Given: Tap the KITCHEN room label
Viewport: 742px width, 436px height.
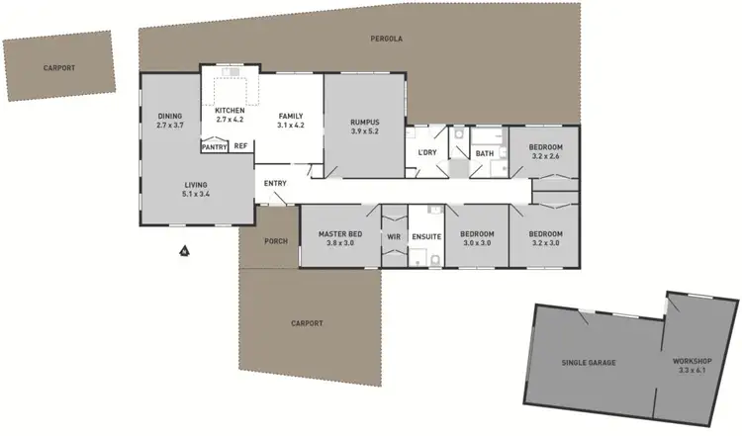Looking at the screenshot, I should [x=229, y=110].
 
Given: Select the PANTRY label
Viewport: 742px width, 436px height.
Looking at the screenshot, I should [x=214, y=147].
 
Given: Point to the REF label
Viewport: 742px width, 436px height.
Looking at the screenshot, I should [x=240, y=147].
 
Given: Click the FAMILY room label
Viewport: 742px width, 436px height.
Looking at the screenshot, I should [x=290, y=116].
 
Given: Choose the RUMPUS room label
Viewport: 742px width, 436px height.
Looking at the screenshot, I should [x=365, y=123].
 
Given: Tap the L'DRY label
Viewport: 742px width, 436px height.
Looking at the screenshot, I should [x=427, y=152].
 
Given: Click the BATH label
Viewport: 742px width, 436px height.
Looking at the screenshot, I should [x=484, y=153].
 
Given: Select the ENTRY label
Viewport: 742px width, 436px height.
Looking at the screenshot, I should [x=275, y=183].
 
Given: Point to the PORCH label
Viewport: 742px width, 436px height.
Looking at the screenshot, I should [x=275, y=241].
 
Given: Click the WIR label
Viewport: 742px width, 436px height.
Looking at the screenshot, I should [x=394, y=237].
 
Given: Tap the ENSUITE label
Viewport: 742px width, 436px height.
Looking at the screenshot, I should [x=426, y=237].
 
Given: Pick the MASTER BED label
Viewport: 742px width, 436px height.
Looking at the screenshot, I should [x=340, y=233].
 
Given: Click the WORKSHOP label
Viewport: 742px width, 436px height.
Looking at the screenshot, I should [x=693, y=362].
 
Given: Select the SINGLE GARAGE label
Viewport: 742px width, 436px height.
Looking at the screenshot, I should [x=589, y=363].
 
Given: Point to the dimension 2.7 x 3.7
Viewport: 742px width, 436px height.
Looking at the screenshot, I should [x=170, y=126].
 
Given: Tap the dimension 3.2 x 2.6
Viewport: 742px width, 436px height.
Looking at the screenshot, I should [x=546, y=156].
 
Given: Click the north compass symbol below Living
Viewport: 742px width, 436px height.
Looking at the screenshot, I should [x=184, y=251].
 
